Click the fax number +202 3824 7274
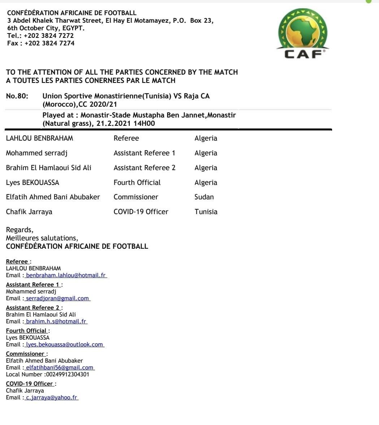tap(49, 43)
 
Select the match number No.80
tap(17, 96)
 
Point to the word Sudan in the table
tap(204, 197)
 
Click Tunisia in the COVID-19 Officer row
tap(206, 212)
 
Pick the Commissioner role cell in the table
tap(136, 197)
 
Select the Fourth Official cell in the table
tap(137, 183)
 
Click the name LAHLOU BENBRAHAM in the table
tap(39, 138)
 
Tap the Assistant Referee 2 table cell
tap(144, 168)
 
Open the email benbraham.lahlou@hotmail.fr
tap(66, 275)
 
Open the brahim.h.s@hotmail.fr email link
tap(56, 322)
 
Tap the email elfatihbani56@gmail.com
tap(60, 368)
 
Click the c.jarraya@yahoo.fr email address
tap(51, 398)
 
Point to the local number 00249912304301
tap(67, 375)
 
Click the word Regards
tap(19, 230)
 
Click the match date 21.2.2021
tap(112, 124)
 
